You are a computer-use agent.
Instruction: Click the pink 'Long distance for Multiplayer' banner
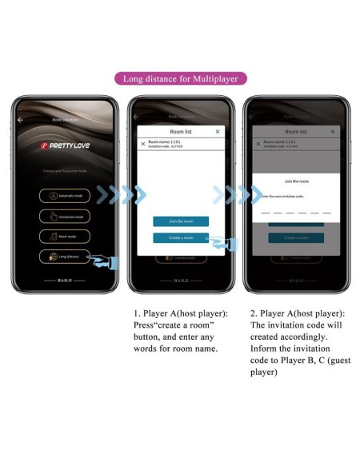[x=180, y=78]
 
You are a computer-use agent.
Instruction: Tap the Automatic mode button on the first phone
[x=66, y=196]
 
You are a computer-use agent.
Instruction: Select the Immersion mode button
[x=66, y=216]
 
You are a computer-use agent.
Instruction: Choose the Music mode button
[x=66, y=236]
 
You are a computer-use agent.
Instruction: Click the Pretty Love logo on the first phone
[x=66, y=147]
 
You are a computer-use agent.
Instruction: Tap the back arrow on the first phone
[x=22, y=119]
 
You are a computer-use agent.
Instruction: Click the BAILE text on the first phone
[x=66, y=281]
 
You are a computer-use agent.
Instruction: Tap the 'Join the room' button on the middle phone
[x=181, y=221]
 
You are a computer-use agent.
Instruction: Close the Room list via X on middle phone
[x=218, y=131]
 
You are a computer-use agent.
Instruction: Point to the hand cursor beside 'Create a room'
[x=219, y=242]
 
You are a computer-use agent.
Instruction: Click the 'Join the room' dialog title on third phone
[x=297, y=181]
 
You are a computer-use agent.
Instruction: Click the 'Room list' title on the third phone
[x=296, y=131]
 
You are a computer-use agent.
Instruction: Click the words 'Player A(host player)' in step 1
[x=180, y=314]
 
